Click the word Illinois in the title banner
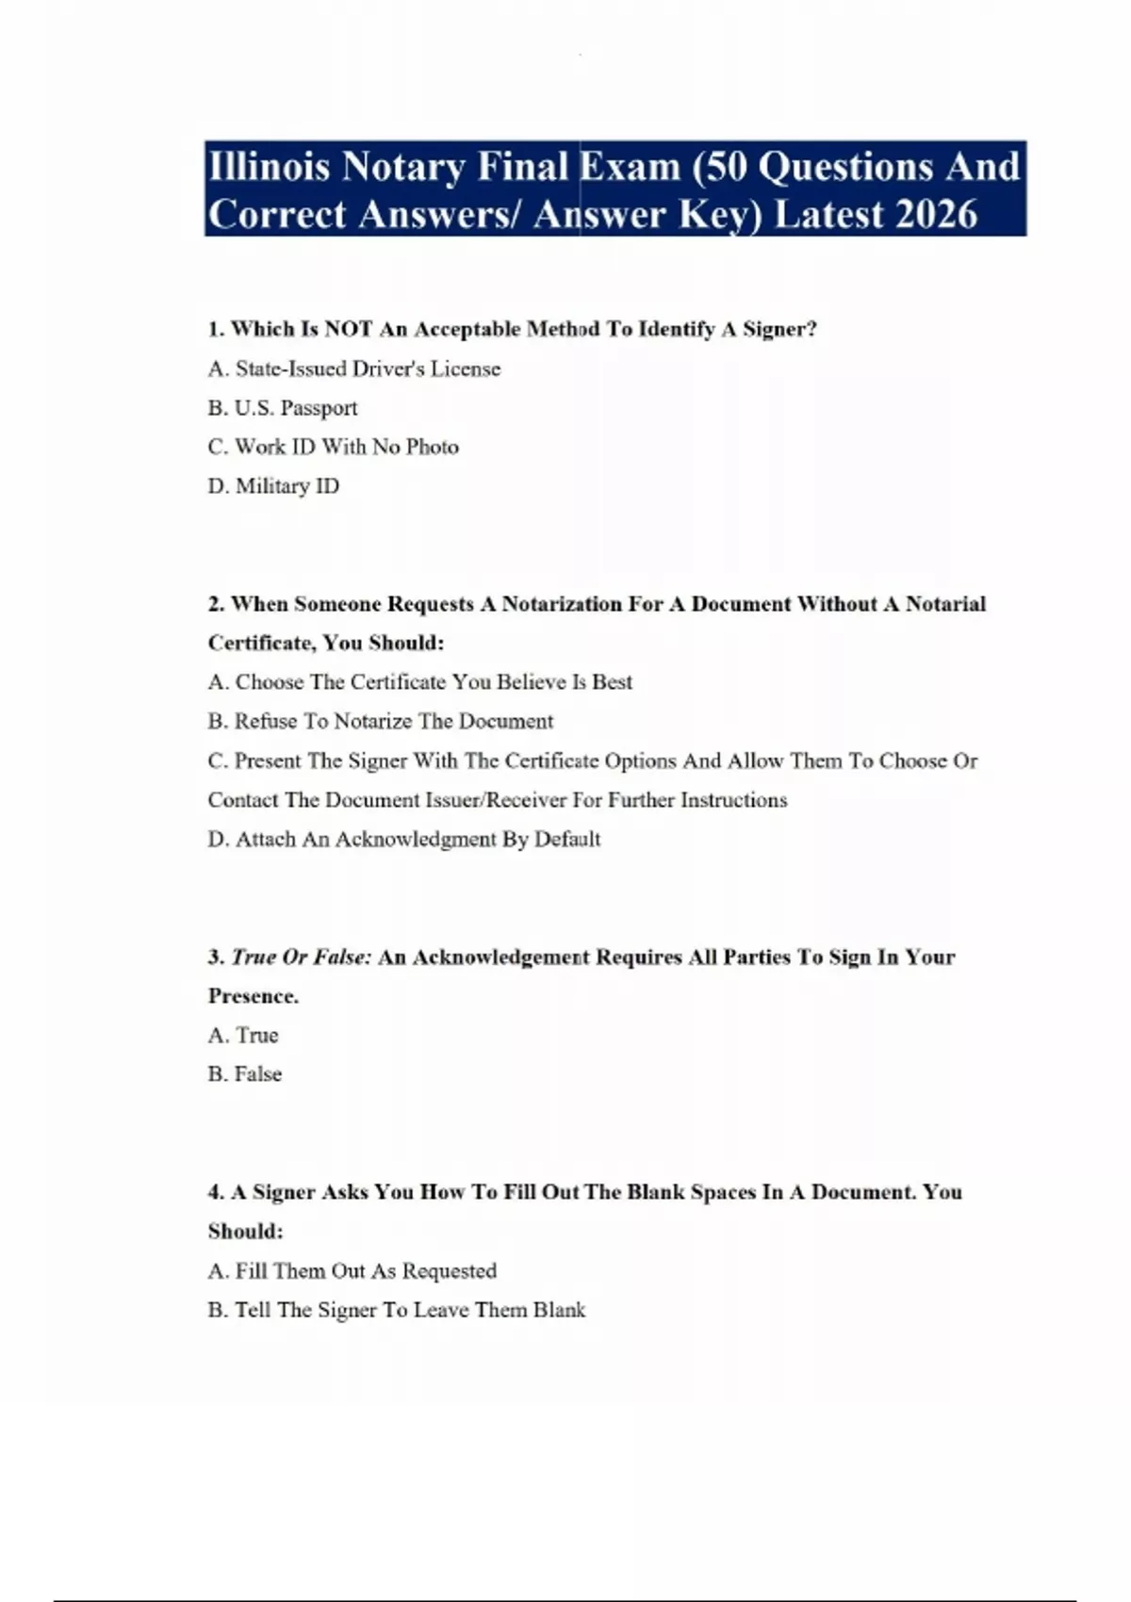click(x=269, y=167)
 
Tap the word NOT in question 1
click(x=348, y=329)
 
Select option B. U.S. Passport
click(x=283, y=408)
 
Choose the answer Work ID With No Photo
click(x=334, y=447)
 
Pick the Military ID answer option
click(x=273, y=486)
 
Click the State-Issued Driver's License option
click(x=354, y=368)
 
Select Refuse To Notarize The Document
click(x=381, y=721)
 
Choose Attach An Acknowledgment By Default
click(x=404, y=839)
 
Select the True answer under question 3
click(x=243, y=1035)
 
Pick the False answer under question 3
click(x=245, y=1074)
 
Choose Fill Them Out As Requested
click(x=352, y=1271)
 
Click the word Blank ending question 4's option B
click(x=559, y=1310)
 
